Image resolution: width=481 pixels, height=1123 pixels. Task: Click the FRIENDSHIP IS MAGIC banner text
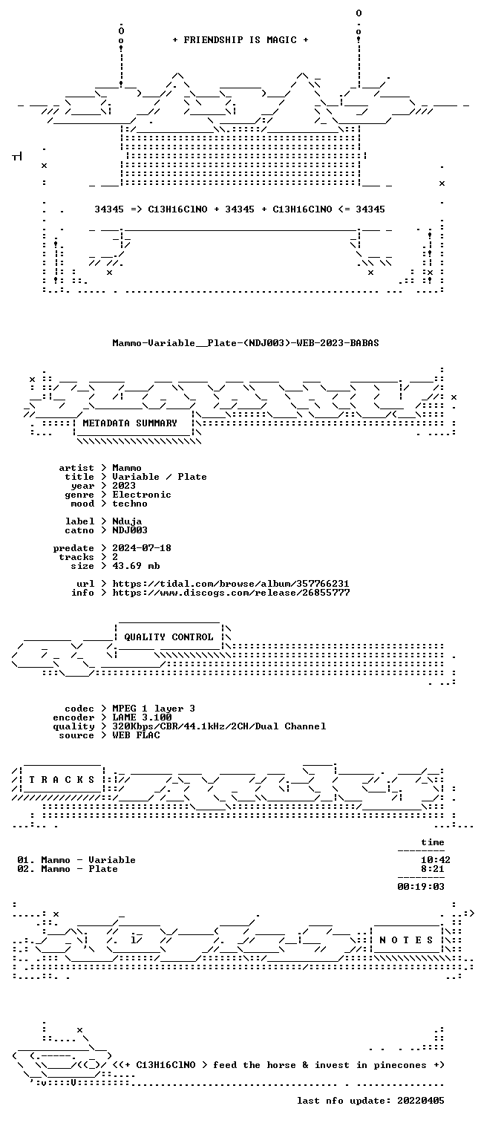(240, 40)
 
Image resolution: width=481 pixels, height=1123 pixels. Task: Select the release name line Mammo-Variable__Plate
(246, 343)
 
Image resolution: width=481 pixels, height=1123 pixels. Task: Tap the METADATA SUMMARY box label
(130, 423)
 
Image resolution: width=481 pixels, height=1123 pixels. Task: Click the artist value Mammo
(127, 468)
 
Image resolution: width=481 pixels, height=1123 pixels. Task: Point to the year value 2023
(124, 485)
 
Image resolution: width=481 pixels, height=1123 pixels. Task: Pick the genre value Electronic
(142, 495)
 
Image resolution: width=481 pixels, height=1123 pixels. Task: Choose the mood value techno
(130, 504)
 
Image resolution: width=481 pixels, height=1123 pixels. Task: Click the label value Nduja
(127, 521)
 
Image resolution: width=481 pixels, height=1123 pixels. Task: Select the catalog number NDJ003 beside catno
(130, 530)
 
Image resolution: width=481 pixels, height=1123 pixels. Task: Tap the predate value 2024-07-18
(142, 548)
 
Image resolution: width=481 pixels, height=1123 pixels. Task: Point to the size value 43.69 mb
(136, 565)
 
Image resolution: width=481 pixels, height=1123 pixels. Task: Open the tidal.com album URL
(230, 584)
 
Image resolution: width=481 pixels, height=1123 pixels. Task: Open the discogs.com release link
(230, 593)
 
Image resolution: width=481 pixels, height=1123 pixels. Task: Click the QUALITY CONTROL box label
(168, 637)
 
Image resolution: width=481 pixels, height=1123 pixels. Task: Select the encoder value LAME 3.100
(142, 717)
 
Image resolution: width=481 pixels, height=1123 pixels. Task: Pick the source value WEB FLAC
(136, 735)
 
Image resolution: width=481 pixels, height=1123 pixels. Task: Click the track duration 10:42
(436, 860)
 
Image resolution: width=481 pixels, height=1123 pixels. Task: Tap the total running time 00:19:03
(421, 886)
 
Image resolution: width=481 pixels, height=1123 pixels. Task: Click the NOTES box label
(406, 940)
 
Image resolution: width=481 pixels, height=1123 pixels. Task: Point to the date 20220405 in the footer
(421, 1101)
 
